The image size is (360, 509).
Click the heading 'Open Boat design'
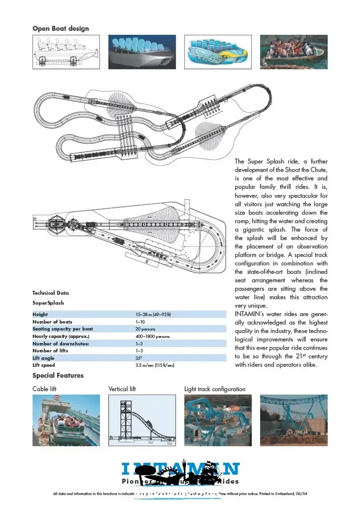[x=61, y=28]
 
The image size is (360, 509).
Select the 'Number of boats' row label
[x=52, y=322]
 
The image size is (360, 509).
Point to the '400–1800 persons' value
[x=152, y=337]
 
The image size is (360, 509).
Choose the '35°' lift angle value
[x=139, y=357]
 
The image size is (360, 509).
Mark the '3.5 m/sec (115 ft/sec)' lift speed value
[x=155, y=365]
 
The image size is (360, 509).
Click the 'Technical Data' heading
[x=51, y=293]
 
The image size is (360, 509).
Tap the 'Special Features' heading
[x=58, y=375]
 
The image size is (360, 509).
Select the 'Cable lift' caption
[x=45, y=389]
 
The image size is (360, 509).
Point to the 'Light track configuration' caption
[x=215, y=389]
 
